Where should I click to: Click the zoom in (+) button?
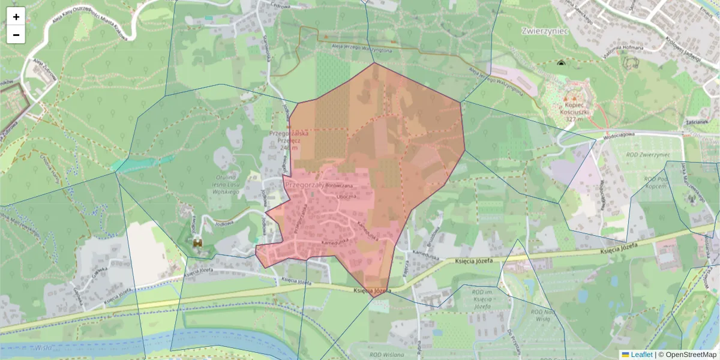pyautogui.click(x=16, y=17)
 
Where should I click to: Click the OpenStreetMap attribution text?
pyautogui.click(x=691, y=355)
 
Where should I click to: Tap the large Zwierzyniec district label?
pyautogui.click(x=545, y=31)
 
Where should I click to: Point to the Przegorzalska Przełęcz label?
pyautogui.click(x=289, y=140)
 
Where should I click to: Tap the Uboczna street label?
pyautogui.click(x=346, y=196)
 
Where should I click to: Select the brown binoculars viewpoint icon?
pyautogui.click(x=197, y=242)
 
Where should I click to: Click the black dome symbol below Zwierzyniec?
pyautogui.click(x=561, y=62)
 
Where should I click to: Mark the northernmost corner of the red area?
pyautogui.click(x=374, y=62)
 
